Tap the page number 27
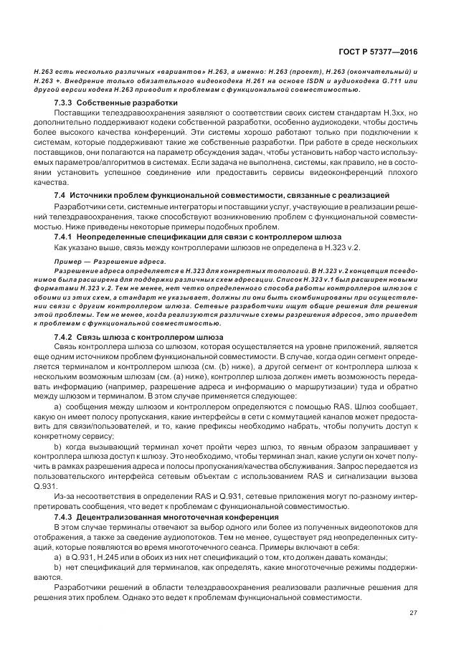[413, 612]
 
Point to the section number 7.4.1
[65, 237]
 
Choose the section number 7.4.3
[65, 517]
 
